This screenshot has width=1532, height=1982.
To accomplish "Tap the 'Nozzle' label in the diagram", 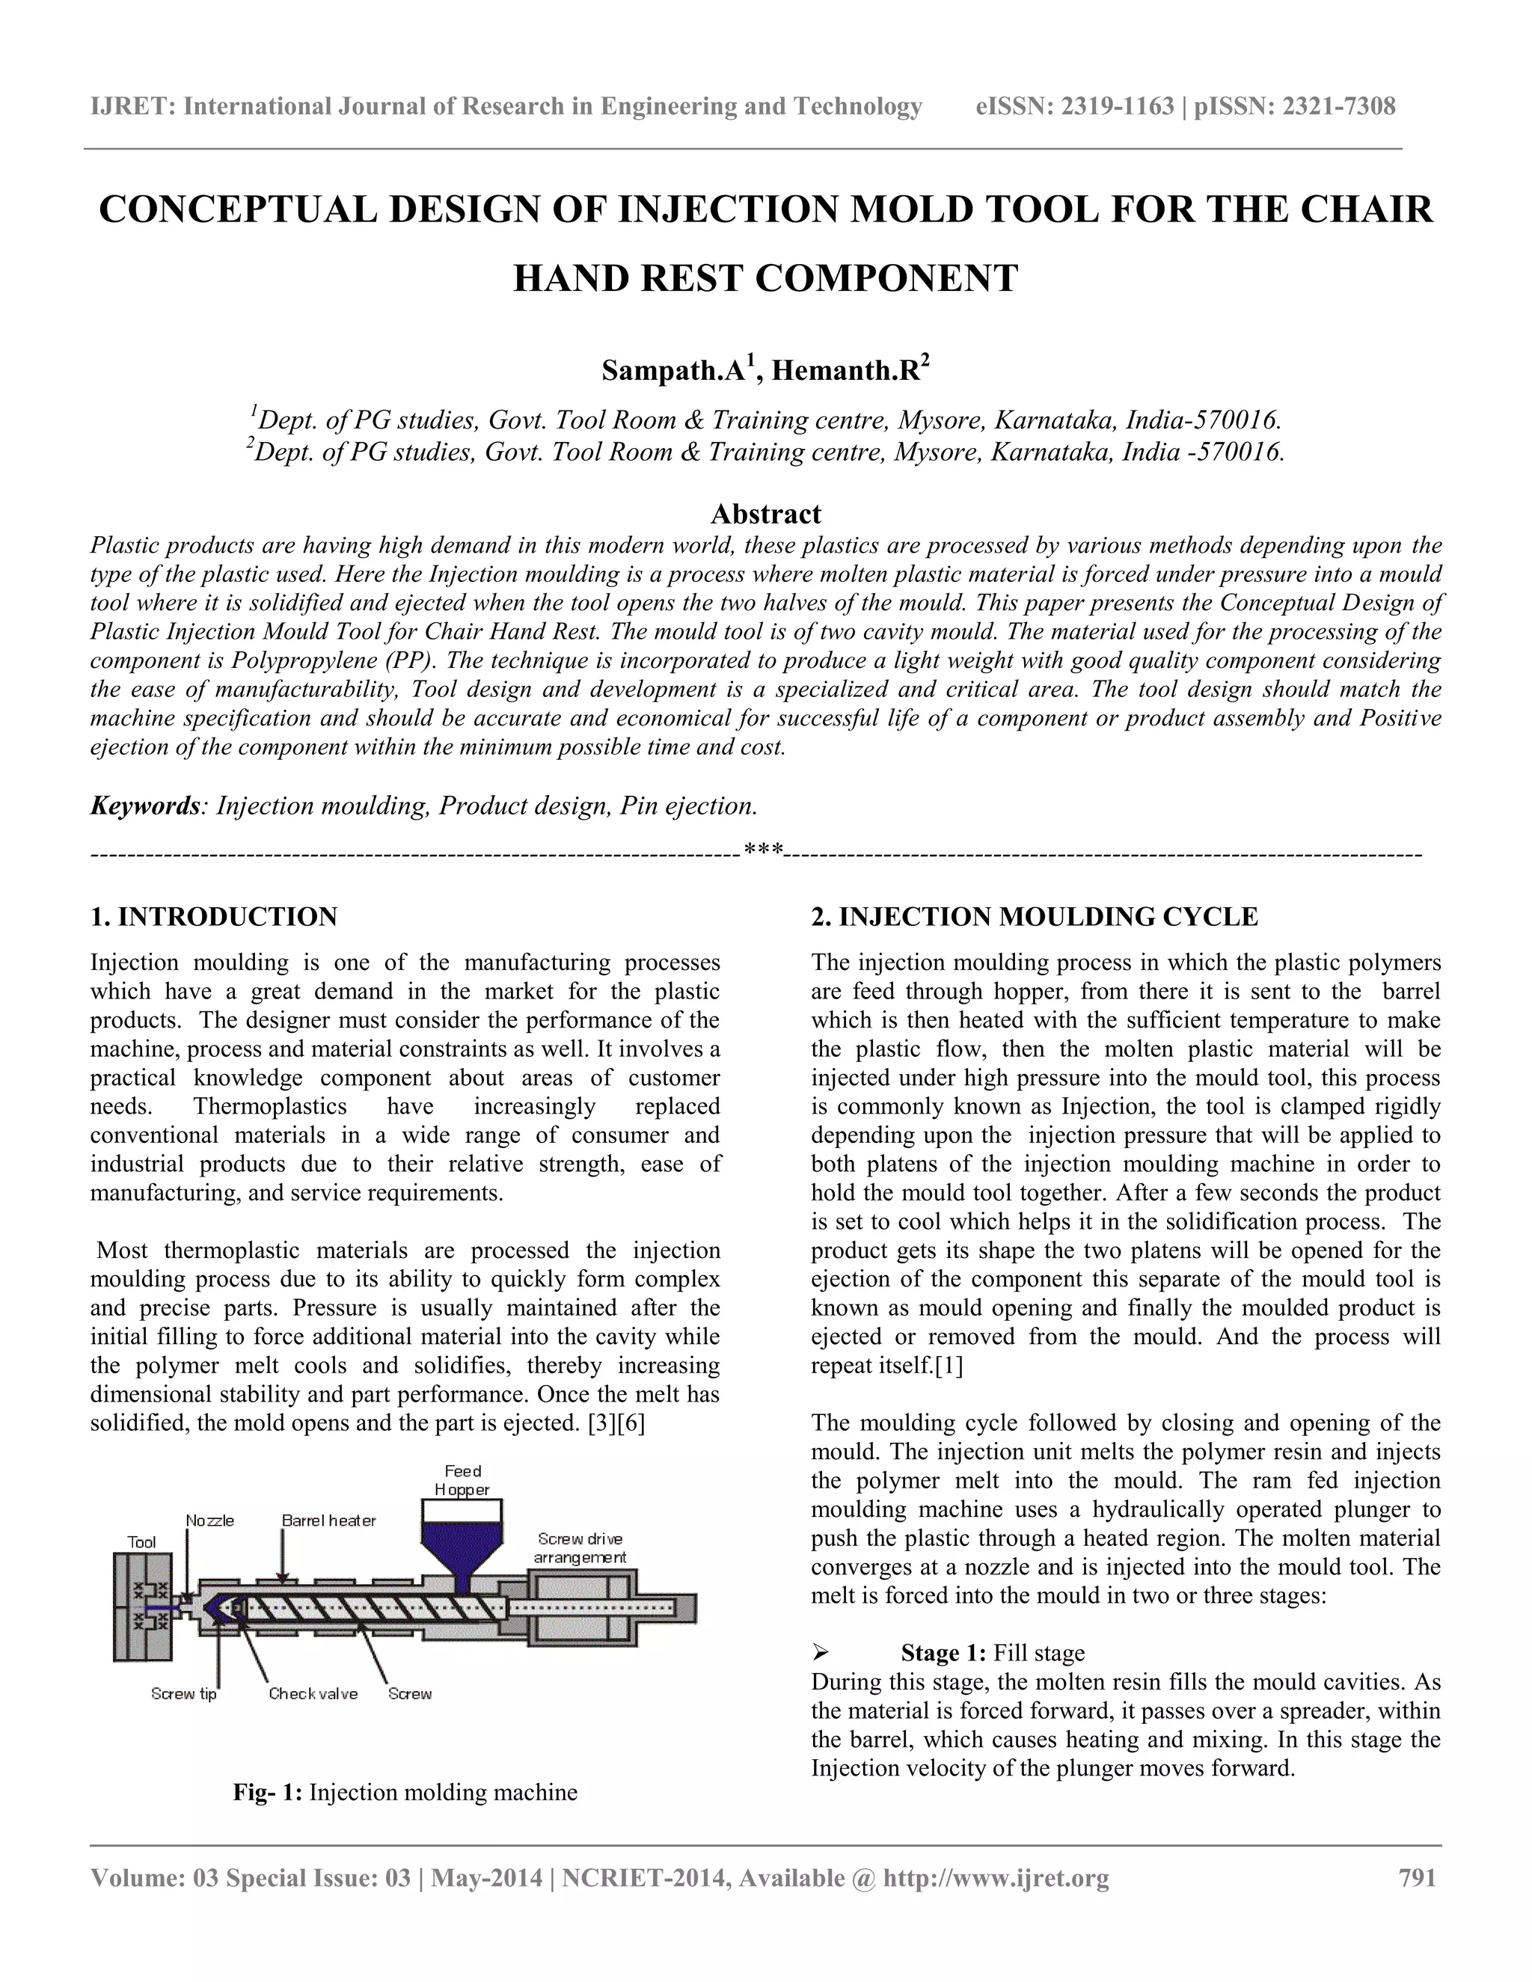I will point(209,1520).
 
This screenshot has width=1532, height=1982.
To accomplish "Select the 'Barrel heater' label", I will point(328,1520).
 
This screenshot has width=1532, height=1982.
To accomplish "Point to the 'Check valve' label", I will point(313,1693).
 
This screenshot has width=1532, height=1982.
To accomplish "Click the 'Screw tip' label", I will point(183,1693).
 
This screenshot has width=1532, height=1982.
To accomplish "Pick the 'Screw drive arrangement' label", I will point(580,1547).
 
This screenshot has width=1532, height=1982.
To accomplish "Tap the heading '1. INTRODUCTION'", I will point(213,917).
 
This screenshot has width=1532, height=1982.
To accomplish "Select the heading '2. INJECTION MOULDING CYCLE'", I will point(1035,917).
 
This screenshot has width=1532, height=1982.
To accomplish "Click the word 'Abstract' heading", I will point(765,514).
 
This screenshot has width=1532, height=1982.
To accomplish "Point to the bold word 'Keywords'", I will point(144,805).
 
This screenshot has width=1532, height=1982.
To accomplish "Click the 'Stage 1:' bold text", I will point(944,1653).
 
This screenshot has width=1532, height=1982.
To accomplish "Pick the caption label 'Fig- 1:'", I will point(268,1791).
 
